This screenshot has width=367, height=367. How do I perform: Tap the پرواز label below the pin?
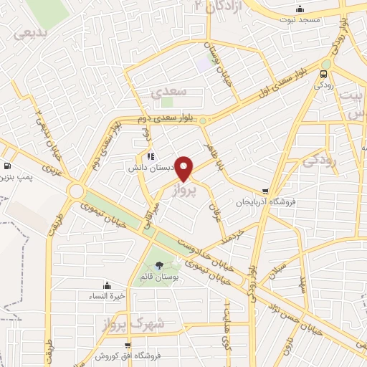[183, 191]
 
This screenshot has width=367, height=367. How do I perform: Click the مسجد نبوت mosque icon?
[300, 9]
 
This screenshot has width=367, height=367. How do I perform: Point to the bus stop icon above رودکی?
[325, 73]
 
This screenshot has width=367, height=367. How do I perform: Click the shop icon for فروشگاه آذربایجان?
[266, 191]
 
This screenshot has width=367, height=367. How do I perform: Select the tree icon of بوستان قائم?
[158, 264]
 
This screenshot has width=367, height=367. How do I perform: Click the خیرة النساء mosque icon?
[107, 285]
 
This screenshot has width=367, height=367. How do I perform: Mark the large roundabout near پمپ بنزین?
[76, 191]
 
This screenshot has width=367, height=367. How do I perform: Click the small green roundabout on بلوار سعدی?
[204, 120]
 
